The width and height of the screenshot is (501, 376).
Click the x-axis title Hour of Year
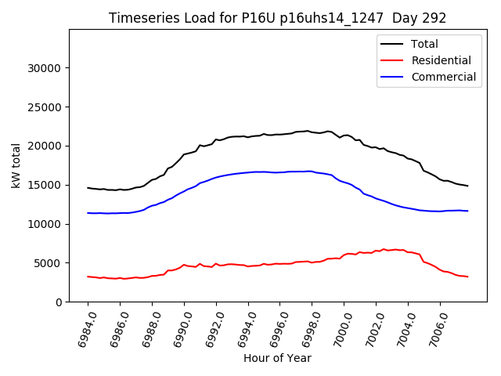coord(277,359)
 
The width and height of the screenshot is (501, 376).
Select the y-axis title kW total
coord(15,166)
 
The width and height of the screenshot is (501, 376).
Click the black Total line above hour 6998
coord(312,132)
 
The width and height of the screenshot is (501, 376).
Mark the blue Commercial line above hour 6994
coord(247,172)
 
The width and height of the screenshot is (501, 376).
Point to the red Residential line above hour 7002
coord(376,251)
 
